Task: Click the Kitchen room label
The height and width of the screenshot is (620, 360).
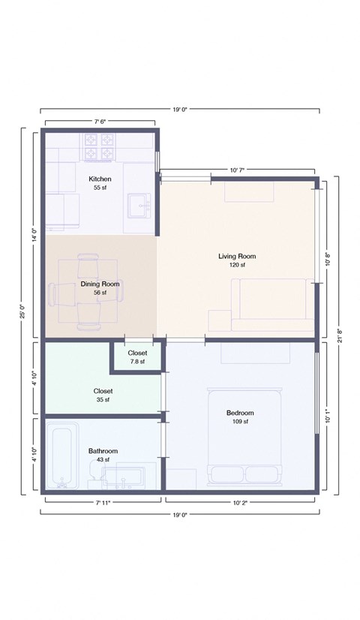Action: coord(100,179)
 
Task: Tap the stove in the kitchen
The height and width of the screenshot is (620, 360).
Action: coord(100,147)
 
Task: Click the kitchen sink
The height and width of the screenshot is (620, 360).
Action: coord(139,204)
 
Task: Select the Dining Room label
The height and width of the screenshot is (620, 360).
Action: coord(100,284)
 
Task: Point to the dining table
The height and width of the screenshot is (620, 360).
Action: coord(87,293)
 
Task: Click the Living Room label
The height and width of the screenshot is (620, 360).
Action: coord(237,256)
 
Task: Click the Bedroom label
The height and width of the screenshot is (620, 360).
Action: coord(240,413)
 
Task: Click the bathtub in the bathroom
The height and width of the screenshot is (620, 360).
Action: coord(60,458)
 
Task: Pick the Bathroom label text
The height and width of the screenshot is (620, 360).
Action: coord(103,451)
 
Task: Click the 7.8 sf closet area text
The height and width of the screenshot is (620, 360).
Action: coord(137,362)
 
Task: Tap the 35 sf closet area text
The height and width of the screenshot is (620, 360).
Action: coord(103,400)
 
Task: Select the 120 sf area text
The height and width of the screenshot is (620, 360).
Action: coord(237,265)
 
